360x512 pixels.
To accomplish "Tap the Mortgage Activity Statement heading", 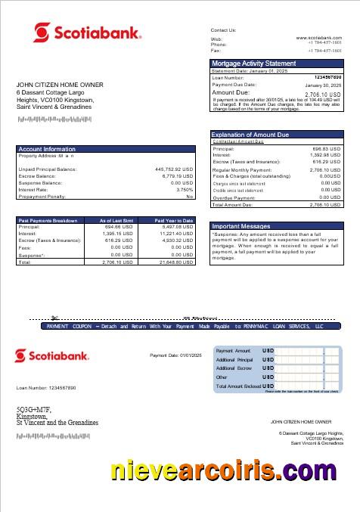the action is [253, 64].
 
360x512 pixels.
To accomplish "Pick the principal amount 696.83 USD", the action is [326, 149].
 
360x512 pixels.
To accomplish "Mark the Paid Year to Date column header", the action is [173, 220].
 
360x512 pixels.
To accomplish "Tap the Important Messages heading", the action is [241, 225].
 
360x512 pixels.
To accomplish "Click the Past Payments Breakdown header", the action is [48, 220].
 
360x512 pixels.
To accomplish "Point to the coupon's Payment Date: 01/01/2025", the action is [172, 355].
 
